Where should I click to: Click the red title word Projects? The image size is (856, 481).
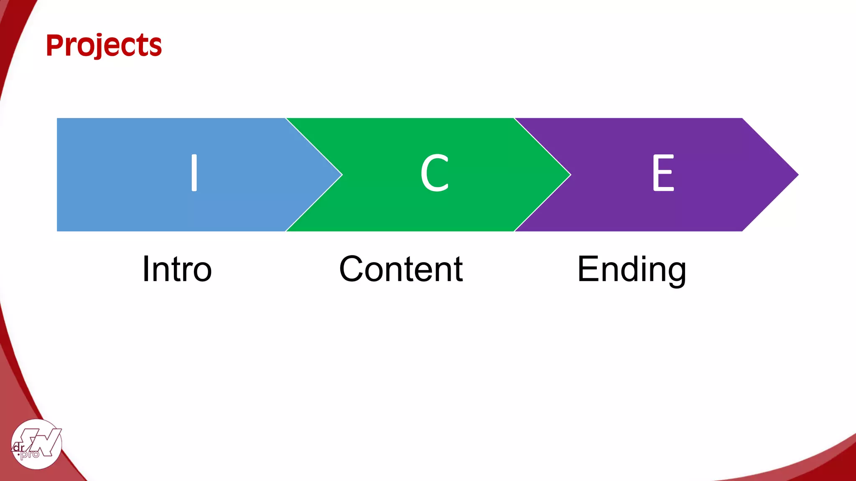(104, 45)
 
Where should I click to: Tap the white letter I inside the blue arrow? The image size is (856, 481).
(194, 172)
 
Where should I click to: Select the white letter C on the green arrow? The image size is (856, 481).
(434, 173)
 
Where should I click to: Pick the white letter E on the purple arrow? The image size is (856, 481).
(663, 173)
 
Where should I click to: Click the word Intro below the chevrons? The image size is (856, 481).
(177, 269)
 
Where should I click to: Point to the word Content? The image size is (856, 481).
(401, 269)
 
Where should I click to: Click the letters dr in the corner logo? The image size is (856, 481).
(19, 447)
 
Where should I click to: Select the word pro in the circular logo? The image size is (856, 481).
(31, 454)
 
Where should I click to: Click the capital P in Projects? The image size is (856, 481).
(56, 45)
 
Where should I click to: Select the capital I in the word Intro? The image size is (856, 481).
(146, 269)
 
